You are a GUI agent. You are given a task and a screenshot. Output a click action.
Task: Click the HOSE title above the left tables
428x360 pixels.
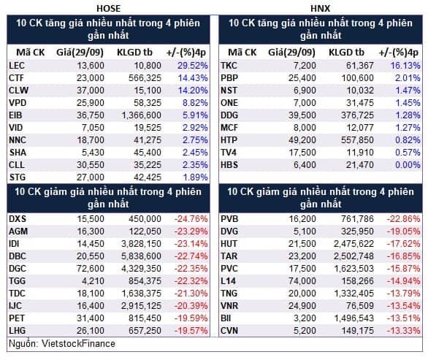[108, 9]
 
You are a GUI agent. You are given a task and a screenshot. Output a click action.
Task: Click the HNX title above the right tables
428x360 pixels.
[320, 9]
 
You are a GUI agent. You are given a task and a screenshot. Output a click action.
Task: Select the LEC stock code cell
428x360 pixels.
[17, 66]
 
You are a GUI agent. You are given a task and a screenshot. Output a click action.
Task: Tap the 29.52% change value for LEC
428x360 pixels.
[192, 66]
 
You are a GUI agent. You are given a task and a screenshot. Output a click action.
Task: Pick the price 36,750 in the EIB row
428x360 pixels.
[91, 115]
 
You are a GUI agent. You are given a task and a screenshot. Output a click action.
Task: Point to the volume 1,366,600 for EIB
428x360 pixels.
[142, 115]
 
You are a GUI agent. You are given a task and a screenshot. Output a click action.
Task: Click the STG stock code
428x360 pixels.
[18, 177]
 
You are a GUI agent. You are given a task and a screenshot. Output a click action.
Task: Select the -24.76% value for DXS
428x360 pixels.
[191, 219]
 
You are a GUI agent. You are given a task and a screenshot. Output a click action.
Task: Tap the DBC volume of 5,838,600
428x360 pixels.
[142, 256]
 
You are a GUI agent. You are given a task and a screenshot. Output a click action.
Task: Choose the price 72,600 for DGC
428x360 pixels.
[91, 269]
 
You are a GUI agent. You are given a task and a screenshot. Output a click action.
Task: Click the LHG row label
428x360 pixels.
[18, 331]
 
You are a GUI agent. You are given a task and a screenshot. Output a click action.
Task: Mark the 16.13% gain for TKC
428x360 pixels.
[405, 66]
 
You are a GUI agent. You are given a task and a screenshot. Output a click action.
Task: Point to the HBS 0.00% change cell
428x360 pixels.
[408, 165]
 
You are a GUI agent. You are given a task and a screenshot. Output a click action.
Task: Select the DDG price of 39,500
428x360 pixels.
[302, 115]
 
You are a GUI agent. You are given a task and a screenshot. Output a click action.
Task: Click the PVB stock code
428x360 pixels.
[229, 219]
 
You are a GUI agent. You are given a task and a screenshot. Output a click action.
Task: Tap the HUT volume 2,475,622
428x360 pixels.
[354, 244]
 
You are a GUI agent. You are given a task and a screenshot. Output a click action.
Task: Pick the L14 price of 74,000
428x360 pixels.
[302, 281]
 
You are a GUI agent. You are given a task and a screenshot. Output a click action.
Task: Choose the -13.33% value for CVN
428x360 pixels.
[403, 331]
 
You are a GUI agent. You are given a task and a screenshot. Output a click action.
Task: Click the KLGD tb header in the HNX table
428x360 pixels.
[346, 53]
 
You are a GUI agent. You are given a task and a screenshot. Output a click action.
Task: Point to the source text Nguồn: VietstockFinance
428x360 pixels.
[62, 344]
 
